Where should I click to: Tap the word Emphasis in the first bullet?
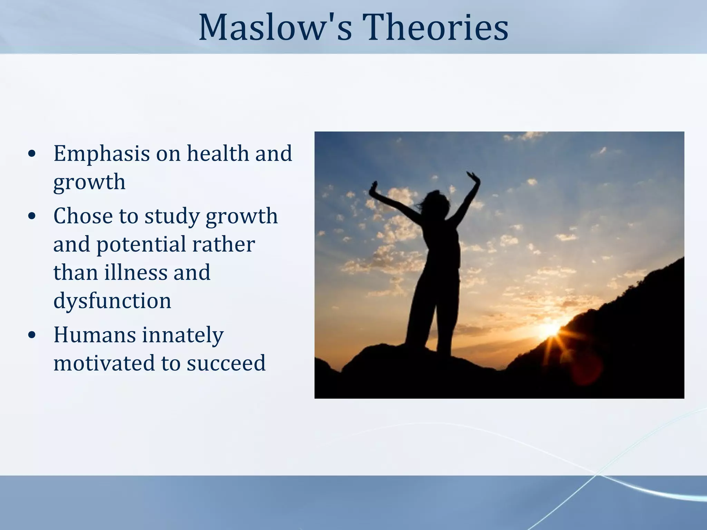pos(101,154)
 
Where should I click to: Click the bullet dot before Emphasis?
pos(32,154)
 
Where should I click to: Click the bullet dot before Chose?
pos(32,217)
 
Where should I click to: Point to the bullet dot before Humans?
pos(32,336)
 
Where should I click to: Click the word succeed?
pos(226,363)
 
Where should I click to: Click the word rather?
pos(223,244)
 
